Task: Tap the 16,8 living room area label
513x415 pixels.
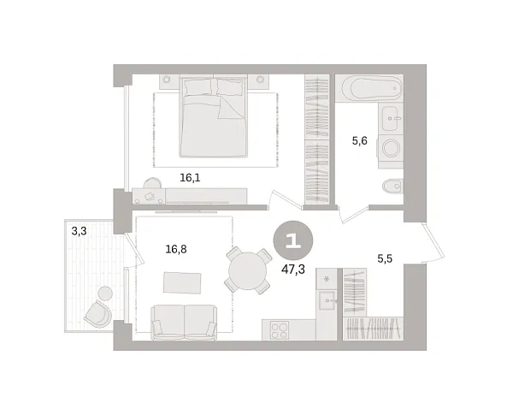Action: pos(176,250)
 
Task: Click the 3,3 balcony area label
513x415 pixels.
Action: pos(79,230)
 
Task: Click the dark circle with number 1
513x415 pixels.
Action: pos(292,240)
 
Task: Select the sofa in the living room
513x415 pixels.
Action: pos(184,323)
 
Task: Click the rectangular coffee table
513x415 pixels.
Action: pos(181,282)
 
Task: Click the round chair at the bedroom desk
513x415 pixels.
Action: pos(151,185)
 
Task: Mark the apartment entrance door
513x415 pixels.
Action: pos(433,243)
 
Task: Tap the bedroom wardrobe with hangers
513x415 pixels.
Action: pos(317,141)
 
